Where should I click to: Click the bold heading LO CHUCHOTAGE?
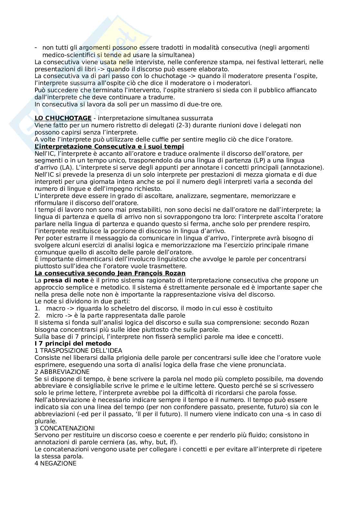(x=63, y=118)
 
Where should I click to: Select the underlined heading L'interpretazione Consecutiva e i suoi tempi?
(x=109, y=146)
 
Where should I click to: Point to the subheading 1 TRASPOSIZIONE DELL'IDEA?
(x=78, y=350)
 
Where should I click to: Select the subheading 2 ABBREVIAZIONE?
(x=62, y=372)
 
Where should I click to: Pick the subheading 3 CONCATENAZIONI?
(x=65, y=428)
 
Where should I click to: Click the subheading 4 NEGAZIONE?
(x=55, y=464)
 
